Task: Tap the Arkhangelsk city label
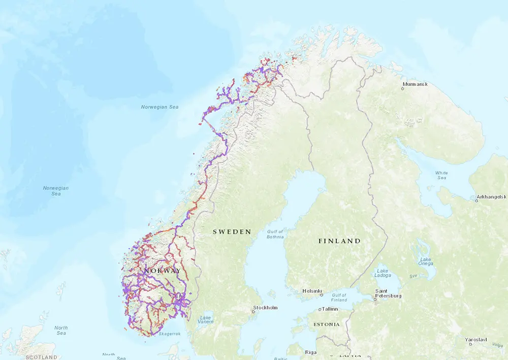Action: (492, 196)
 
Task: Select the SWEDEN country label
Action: (232, 232)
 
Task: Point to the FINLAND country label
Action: (339, 241)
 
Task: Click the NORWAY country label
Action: (162, 271)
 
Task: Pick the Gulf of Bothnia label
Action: (275, 234)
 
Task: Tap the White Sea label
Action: (441, 175)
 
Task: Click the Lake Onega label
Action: (426, 260)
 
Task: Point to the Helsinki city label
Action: (312, 291)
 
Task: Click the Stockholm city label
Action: (265, 308)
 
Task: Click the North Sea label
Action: (61, 331)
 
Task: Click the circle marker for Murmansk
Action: (402, 88)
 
